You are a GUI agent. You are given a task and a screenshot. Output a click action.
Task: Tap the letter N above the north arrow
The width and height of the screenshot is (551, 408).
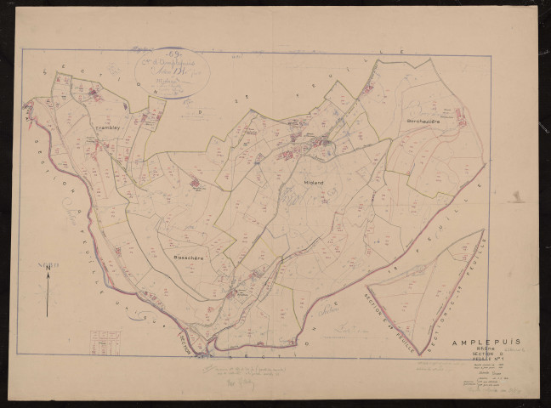coord(48,266)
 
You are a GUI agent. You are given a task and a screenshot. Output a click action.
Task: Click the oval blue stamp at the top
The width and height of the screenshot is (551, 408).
coord(169,71)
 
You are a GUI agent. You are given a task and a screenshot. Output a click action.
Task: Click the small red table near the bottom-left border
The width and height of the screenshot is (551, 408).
coord(105,343)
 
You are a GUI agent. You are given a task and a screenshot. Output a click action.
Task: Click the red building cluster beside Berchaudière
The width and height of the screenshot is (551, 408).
coord(462,120)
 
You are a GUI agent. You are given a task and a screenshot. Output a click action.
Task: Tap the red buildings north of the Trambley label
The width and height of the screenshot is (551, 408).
coord(95,94)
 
